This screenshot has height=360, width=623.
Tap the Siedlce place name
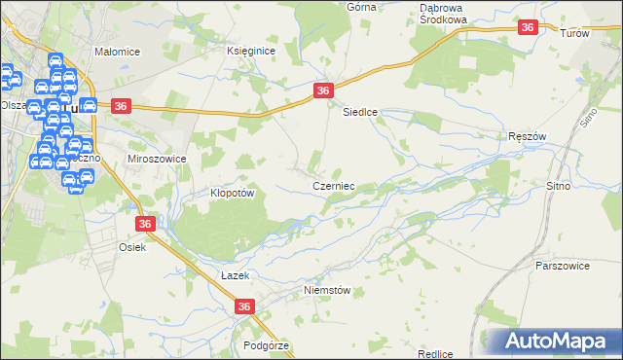pyautogui.click(x=359, y=112)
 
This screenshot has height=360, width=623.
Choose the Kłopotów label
pyautogui.click(x=233, y=193)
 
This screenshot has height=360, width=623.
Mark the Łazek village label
pyautogui.click(x=236, y=276)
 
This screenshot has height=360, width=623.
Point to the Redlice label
pyautogui.click(x=435, y=354)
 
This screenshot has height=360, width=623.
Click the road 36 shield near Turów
pyautogui.click(x=528, y=28)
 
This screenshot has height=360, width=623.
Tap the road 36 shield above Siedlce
pyautogui.click(x=324, y=90)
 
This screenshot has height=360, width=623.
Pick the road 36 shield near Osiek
pyautogui.click(x=145, y=224)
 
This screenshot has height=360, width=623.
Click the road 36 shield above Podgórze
pyautogui.click(x=244, y=307)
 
